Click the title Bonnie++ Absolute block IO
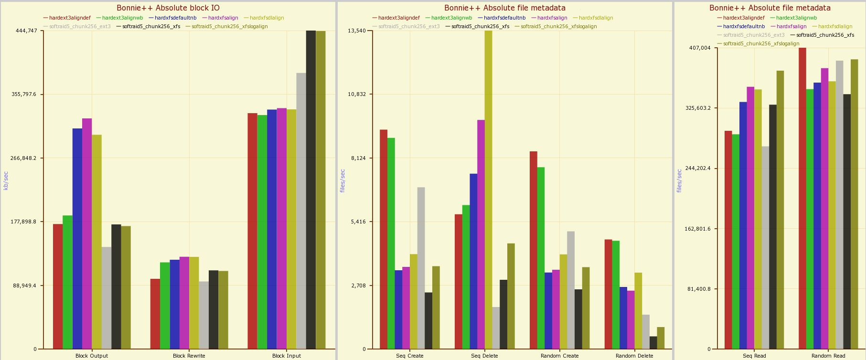[x=168, y=8]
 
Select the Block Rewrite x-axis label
[x=189, y=356]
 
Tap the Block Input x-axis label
[x=286, y=356]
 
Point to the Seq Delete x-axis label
[x=484, y=356]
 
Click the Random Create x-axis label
[x=559, y=356]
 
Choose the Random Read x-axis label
[x=828, y=356]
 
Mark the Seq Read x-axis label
[x=754, y=356]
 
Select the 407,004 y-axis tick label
[x=700, y=48]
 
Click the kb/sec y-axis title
[x=6, y=180]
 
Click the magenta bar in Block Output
[x=87, y=233]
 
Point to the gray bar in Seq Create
[x=421, y=268]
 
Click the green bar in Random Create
[x=541, y=258]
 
